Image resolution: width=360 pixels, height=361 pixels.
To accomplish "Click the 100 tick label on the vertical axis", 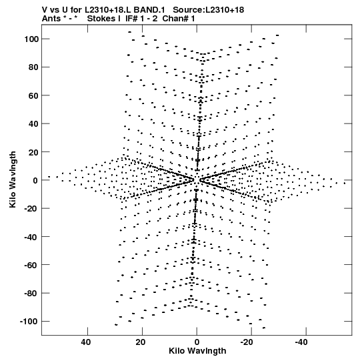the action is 32,39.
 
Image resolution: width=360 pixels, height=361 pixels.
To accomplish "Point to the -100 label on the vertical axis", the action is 29,321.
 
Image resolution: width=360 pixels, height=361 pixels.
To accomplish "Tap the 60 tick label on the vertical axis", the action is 34,95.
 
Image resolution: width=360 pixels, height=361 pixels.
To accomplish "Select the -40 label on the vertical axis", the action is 31,236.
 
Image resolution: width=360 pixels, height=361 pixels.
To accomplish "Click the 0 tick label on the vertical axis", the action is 35,180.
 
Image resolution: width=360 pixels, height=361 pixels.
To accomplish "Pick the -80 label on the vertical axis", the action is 31,293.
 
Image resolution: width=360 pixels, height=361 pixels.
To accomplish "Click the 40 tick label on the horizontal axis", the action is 86,342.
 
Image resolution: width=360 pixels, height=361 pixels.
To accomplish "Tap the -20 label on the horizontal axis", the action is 248,342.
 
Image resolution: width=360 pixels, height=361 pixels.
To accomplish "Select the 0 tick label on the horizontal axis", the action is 197,342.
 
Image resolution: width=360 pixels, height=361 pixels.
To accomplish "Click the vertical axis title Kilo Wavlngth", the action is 13,179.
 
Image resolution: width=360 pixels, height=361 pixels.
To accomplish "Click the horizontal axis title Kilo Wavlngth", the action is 197,351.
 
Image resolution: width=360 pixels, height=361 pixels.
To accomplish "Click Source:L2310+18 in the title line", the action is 209,10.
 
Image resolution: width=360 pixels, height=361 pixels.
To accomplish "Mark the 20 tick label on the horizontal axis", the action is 141,342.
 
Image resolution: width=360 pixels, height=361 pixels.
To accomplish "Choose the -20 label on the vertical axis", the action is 31,208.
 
